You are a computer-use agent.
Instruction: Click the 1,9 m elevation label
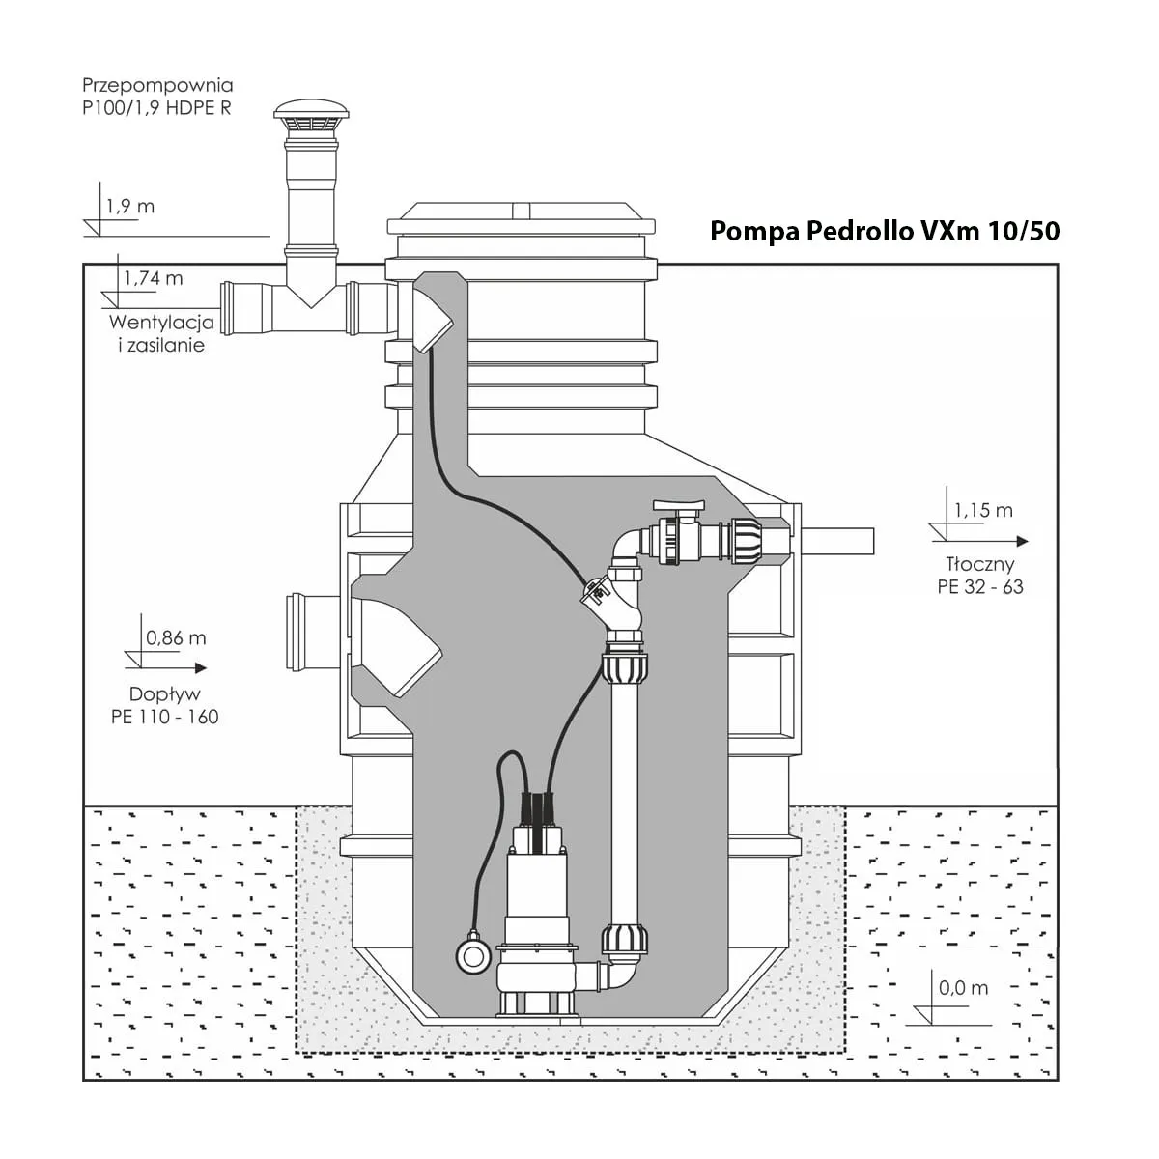130,206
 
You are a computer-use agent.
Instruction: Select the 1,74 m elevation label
153,279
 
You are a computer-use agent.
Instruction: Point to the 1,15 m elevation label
983,510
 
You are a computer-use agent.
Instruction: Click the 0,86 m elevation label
175,637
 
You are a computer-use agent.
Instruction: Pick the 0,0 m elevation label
963,988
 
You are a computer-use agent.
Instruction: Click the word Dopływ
164,694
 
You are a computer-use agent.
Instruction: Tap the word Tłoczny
979,565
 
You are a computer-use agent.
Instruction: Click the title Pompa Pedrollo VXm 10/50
885,232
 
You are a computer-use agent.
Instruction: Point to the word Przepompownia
157,85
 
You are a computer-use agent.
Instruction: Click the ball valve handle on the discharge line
682,505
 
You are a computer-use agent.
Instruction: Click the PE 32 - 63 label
979,586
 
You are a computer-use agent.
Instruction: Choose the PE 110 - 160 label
164,716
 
